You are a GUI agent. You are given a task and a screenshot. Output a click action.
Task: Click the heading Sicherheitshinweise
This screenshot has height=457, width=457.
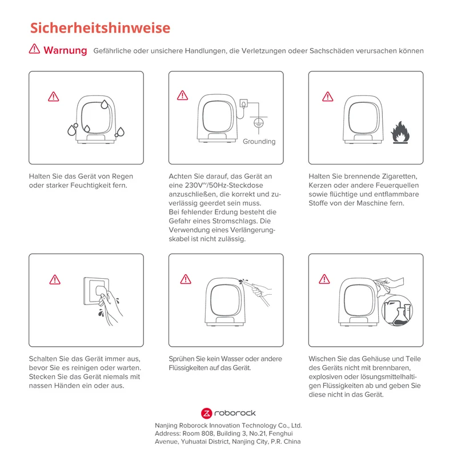coord(100,28)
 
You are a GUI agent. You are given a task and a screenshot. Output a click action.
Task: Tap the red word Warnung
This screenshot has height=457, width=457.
coord(65,50)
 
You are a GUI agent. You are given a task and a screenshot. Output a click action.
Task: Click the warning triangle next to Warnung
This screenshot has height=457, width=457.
coord(34,49)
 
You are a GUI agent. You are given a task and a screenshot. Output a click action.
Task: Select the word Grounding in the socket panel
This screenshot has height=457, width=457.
coord(259,142)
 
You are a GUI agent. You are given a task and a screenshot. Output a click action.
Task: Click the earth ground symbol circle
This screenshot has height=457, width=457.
coord(259,123)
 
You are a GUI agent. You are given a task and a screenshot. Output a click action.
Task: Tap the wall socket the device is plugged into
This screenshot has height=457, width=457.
coord(244,103)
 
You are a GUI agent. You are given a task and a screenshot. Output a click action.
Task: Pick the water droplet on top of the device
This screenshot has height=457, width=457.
coord(105,104)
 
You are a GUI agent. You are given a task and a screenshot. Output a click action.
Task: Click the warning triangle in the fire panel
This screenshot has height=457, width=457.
coord(327,97)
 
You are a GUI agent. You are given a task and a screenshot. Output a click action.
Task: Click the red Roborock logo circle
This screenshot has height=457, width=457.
coord(206,413)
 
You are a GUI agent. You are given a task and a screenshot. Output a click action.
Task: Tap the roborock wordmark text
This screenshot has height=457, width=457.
coord(235,413)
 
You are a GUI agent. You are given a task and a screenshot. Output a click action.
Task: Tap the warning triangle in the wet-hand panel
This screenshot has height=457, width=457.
coord(55,279)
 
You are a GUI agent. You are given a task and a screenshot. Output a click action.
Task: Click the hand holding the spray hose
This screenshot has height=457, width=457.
coord(262,291)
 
